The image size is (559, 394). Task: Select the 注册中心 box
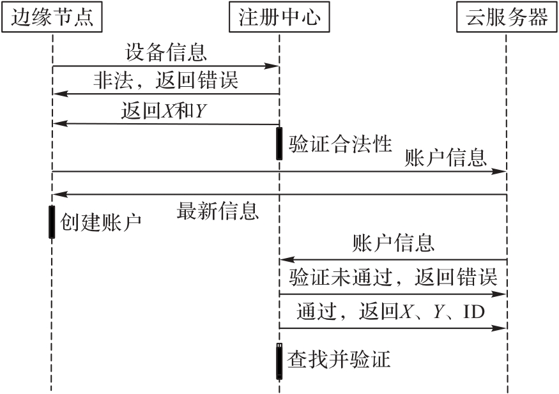(279, 17)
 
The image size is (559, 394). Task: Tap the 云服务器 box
(507, 17)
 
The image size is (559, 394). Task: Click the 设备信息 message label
(166, 52)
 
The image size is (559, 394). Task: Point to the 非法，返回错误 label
(166, 80)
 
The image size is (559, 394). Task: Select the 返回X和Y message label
(164, 112)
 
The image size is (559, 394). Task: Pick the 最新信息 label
(218, 210)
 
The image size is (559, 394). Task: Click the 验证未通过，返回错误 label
(394, 278)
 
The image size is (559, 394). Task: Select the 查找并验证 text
(339, 360)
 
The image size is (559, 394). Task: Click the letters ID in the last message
(473, 313)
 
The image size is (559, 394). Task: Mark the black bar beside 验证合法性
(279, 143)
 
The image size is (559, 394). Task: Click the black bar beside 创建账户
(52, 222)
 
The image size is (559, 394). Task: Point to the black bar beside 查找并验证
(279, 361)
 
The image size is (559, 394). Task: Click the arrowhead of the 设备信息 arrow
(273, 66)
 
